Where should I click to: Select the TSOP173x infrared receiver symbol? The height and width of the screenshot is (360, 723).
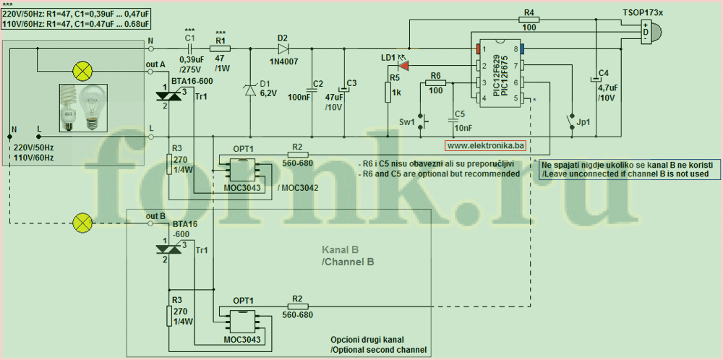[652, 31]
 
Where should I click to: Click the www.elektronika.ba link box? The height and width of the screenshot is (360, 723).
[484, 146]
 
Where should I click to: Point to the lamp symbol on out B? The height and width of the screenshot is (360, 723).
[83, 222]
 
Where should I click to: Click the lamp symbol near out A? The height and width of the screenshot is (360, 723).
[82, 70]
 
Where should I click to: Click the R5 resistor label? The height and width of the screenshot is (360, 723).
[395, 77]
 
